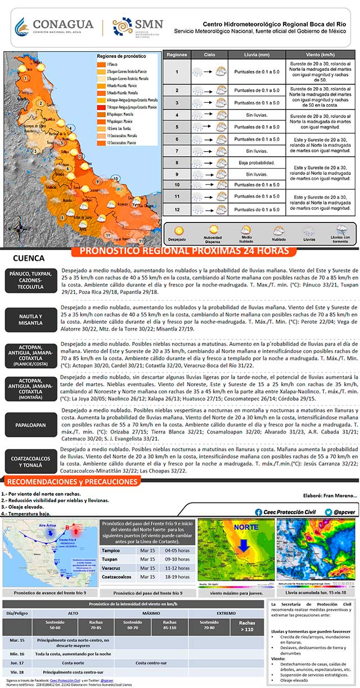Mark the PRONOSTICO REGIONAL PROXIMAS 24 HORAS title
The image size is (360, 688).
point(184,251)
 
